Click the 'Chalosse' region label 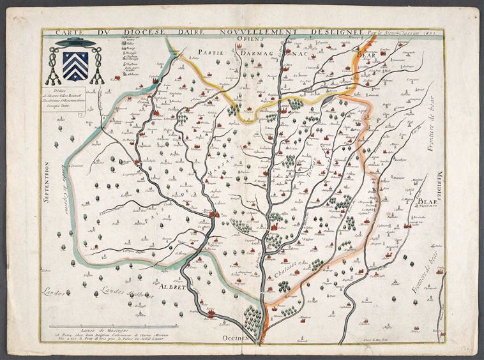[x=285, y=265]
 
